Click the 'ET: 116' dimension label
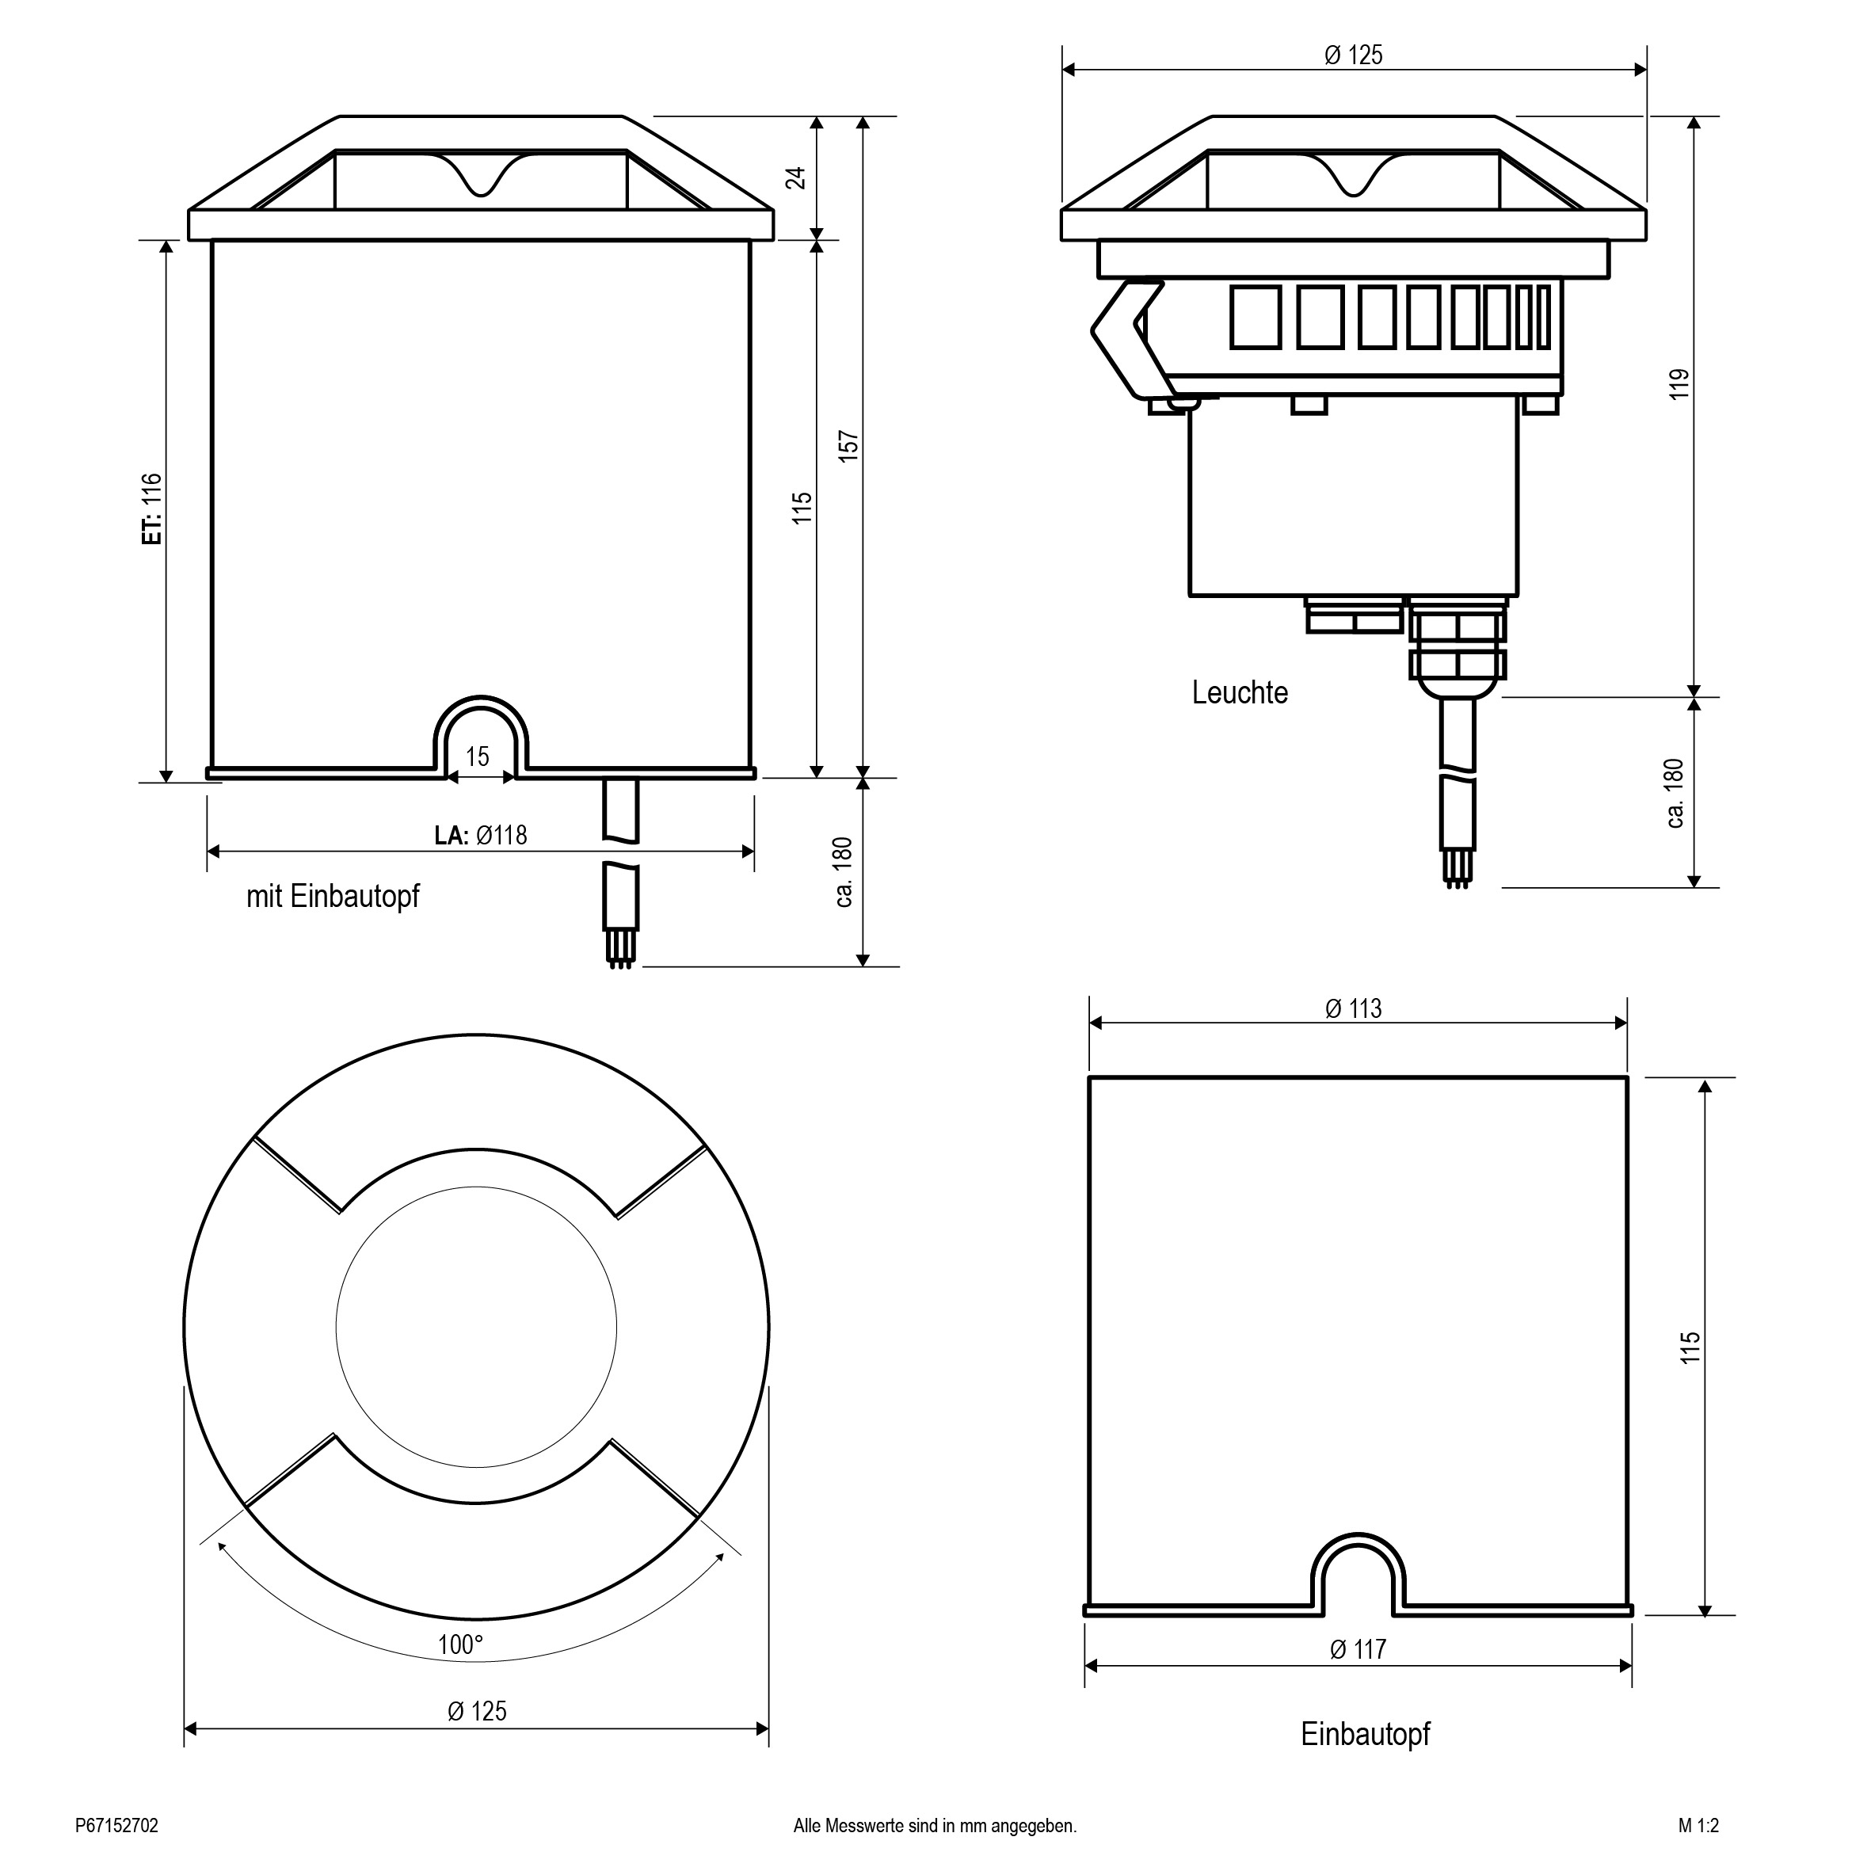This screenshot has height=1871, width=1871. [x=152, y=509]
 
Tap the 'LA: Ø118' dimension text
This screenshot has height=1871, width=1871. [x=480, y=835]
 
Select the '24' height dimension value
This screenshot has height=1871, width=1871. [x=795, y=177]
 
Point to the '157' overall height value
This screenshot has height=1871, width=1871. [x=848, y=447]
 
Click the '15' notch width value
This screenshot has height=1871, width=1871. [x=478, y=756]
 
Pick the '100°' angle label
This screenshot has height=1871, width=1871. [x=460, y=1644]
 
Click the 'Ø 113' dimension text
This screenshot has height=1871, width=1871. [x=1354, y=1009]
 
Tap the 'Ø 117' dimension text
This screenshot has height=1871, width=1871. [x=1358, y=1649]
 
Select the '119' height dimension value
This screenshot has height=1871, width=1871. [x=1679, y=383]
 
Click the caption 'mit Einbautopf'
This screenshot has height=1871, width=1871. [x=333, y=896]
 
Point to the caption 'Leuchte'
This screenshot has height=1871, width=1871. [x=1240, y=692]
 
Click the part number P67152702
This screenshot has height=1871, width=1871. [x=116, y=1826]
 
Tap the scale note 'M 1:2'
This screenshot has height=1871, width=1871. [x=1698, y=1826]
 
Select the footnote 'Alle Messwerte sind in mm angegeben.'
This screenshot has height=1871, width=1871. [x=935, y=1826]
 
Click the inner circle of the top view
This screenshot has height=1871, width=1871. [x=477, y=1328]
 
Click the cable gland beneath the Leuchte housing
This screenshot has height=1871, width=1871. [x=1456, y=648]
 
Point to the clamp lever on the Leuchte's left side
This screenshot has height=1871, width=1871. [x=1130, y=338]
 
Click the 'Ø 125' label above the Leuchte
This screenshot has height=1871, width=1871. [x=1354, y=55]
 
